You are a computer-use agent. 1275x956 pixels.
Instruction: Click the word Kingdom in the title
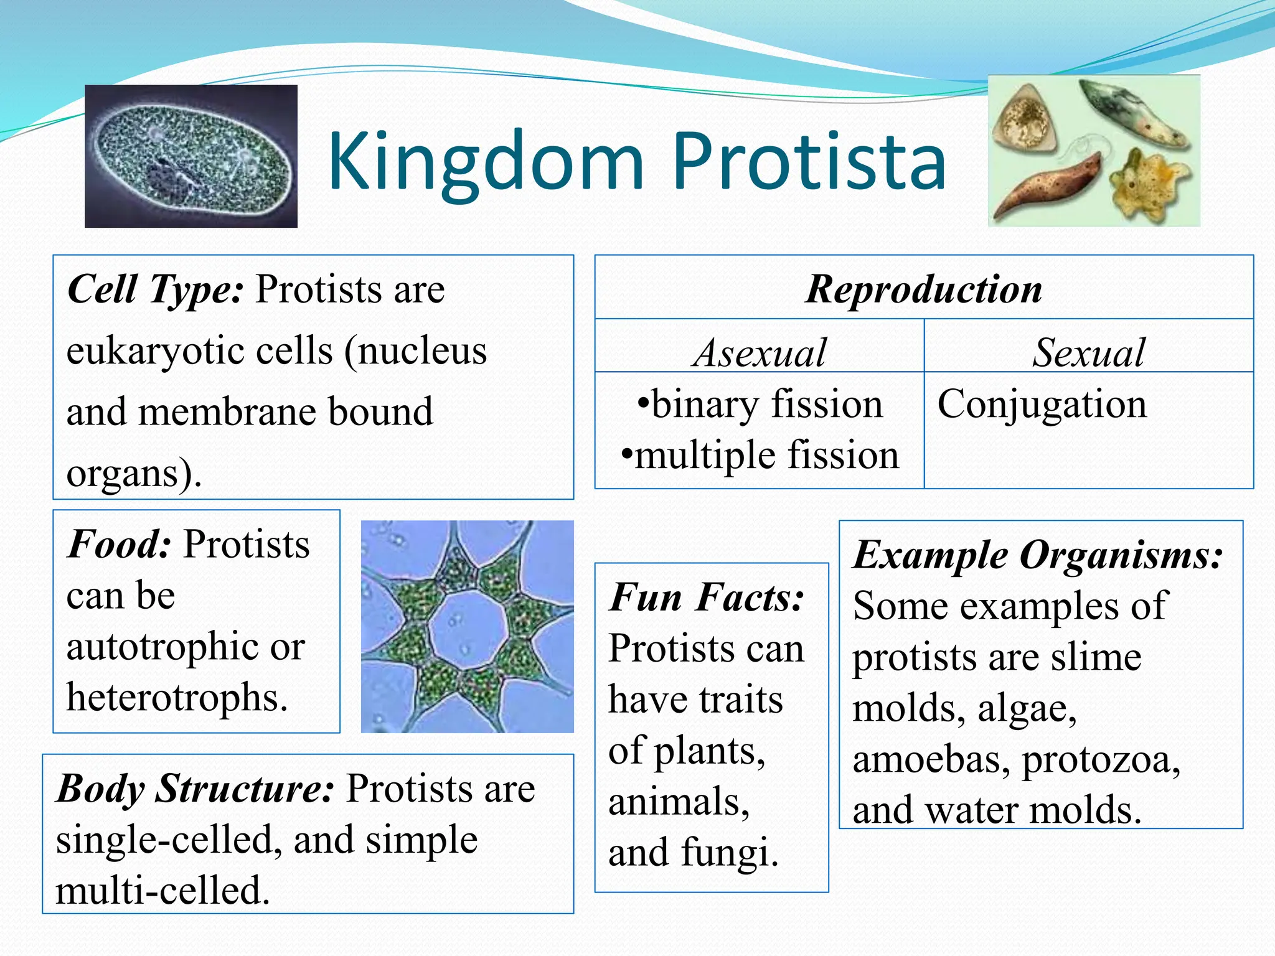pyautogui.click(x=486, y=163)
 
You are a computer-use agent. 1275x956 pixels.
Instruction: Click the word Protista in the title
pyautogui.click(x=809, y=163)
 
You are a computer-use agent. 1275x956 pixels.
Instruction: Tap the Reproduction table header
pyautogui.click(x=924, y=289)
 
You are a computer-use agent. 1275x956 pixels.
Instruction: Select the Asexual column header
pyautogui.click(x=760, y=352)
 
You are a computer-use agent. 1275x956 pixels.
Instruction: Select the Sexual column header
pyautogui.click(x=1088, y=352)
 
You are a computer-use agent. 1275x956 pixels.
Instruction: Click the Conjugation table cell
pyautogui.click(x=1042, y=405)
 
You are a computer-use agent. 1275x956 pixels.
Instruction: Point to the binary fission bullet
pyautogui.click(x=761, y=405)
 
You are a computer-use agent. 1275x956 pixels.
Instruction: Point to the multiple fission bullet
pyautogui.click(x=761, y=455)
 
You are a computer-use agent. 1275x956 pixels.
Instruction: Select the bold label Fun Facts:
pyautogui.click(x=707, y=597)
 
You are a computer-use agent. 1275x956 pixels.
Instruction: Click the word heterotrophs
pyautogui.click(x=177, y=697)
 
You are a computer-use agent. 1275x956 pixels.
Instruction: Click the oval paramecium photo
pyautogui.click(x=191, y=156)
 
